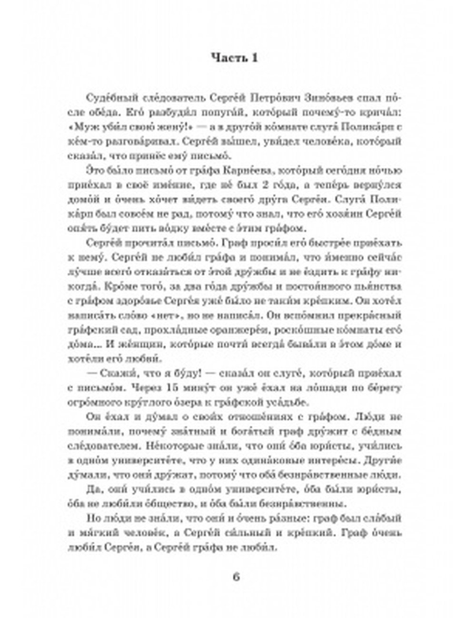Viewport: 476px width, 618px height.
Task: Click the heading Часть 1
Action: (x=234, y=58)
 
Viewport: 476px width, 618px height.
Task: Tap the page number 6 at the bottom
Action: (x=237, y=577)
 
